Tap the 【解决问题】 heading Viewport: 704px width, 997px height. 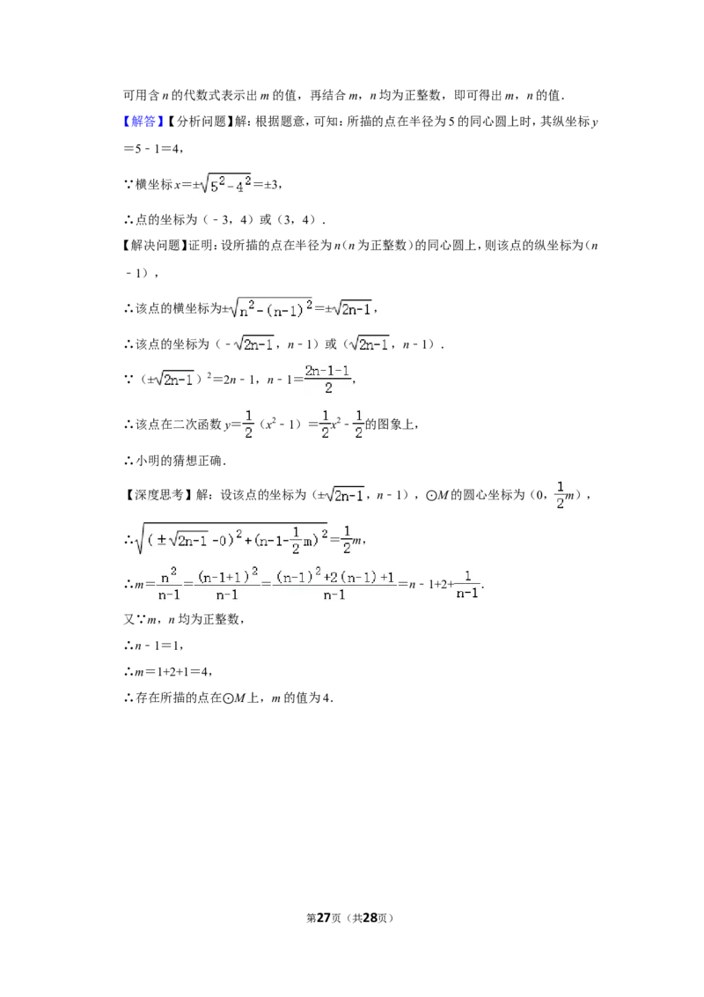coord(155,245)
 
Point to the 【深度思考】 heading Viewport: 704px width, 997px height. coord(155,495)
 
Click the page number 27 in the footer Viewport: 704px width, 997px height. coord(324,918)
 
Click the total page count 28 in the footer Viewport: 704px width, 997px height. coord(370,918)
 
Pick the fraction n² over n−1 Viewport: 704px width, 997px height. coord(169,584)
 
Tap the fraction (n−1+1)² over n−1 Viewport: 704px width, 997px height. coord(227,584)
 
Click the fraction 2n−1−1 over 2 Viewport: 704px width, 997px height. coord(328,379)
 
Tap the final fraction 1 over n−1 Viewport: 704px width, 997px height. coord(467,584)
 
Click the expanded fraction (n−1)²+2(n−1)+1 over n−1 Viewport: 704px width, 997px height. coord(334,584)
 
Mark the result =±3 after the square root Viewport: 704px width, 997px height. coord(267,184)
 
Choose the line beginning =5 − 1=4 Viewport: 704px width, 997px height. coord(152,148)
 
